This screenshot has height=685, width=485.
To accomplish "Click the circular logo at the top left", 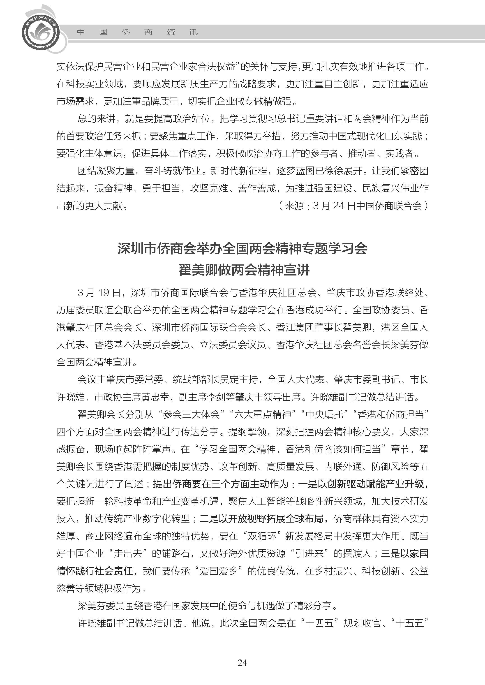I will coord(41,32).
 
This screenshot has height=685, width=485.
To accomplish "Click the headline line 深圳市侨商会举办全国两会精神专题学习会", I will coord(242,249).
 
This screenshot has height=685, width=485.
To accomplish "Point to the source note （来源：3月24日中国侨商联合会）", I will coord(353,206).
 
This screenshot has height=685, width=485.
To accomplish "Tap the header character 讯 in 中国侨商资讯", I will coord(194,32).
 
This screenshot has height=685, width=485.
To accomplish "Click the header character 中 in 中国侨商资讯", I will coord(81,32).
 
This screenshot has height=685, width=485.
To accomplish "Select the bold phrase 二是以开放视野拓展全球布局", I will coord(261,519).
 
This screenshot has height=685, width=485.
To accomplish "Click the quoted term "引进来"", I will coord(309,553).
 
